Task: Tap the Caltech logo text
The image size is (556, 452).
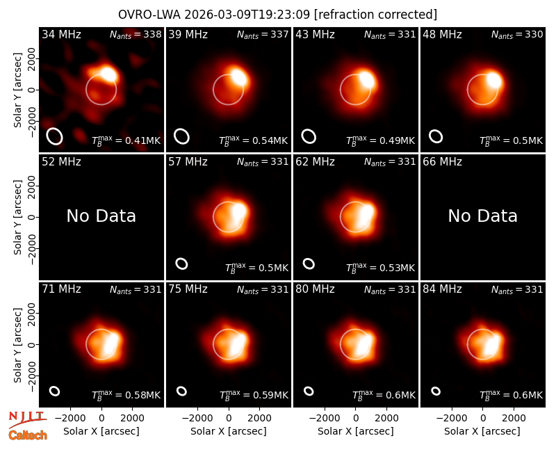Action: (28, 435)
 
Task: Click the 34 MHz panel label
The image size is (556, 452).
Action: (61, 34)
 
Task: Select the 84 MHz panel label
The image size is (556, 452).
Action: (442, 289)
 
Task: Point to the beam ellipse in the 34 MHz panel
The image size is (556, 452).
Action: (54, 136)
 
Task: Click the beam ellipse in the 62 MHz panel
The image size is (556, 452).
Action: (309, 264)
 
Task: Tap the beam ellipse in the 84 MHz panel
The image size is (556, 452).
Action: (436, 391)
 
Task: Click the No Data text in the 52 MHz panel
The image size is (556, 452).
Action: (101, 216)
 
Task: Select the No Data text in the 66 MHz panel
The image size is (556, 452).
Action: (483, 216)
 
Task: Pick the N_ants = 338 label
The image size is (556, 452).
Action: (136, 34)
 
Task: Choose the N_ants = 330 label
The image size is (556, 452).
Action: (517, 34)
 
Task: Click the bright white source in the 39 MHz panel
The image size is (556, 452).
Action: (238, 77)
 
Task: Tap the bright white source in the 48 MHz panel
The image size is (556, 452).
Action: (493, 79)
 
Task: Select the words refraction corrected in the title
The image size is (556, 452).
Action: (375, 15)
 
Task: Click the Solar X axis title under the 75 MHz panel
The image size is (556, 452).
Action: (229, 431)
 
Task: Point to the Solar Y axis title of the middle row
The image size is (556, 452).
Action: (17, 217)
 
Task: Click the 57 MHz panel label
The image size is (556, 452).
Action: (188, 162)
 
